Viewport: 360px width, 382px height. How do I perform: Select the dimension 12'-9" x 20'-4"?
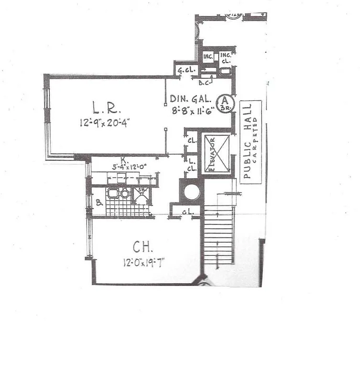point(105,123)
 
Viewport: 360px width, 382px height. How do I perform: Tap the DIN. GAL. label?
point(190,99)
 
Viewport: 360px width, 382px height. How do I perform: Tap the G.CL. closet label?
point(185,72)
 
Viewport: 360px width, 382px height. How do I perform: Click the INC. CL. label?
point(225,58)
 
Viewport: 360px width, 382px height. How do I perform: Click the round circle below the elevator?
point(192,192)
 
